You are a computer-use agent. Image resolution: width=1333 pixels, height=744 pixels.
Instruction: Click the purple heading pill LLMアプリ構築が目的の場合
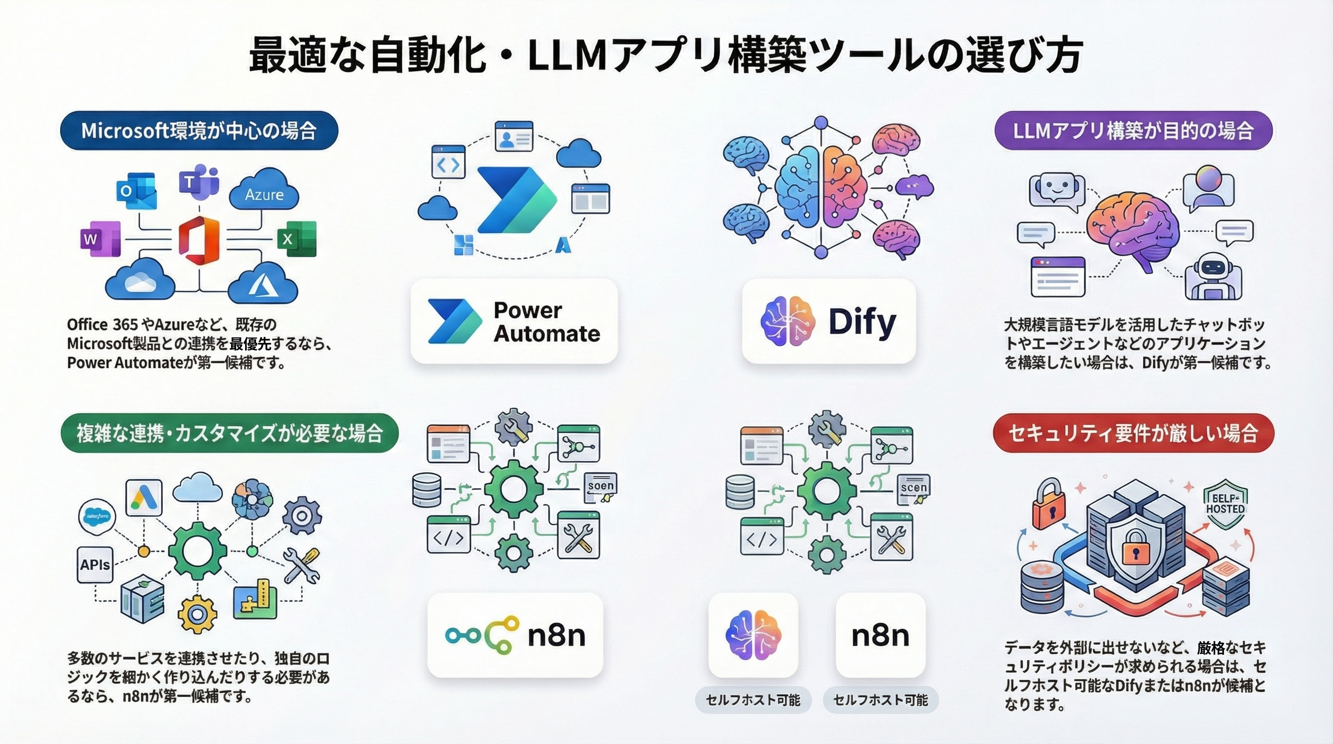pos(1133,130)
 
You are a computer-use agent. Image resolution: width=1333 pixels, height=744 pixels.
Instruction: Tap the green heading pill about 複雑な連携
pos(230,433)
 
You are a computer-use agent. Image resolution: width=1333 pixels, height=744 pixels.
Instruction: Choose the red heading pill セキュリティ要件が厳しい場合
pos(1133,433)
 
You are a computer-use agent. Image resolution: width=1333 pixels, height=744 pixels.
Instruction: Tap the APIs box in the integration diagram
pos(95,565)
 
